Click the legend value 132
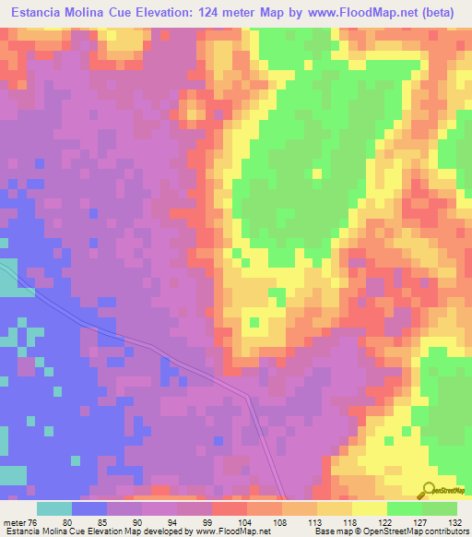(456, 520)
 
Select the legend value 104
(242, 520)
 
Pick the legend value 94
(173, 520)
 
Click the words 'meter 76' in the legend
(20, 520)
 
